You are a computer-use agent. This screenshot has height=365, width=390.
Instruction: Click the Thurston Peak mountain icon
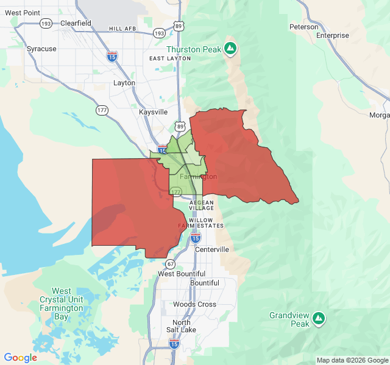pos(230,48)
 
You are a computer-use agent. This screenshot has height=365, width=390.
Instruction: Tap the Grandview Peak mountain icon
pos(319,318)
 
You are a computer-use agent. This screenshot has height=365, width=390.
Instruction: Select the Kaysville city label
pos(153,113)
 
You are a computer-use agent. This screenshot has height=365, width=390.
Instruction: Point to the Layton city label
pos(124,83)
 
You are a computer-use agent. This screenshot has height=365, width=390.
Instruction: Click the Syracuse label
pos(41,49)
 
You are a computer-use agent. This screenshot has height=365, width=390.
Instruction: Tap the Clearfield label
pos(76,23)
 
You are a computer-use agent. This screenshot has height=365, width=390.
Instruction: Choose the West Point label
pos(22,12)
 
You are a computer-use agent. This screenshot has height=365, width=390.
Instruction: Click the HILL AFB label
pos(124,29)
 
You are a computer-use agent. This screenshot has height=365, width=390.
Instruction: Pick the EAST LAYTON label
pos(170,58)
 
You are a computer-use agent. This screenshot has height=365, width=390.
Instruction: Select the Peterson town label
pos(304,27)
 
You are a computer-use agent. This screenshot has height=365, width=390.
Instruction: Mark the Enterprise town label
pos(333,35)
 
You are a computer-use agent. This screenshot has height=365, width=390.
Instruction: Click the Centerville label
pos(212,249)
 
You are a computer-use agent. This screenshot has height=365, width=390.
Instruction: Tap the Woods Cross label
pos(194,304)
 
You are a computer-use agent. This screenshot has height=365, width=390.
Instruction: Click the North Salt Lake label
pos(181,326)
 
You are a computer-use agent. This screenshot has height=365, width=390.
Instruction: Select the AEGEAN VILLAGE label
pos(202,204)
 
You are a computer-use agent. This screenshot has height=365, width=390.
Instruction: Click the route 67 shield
pos(170,264)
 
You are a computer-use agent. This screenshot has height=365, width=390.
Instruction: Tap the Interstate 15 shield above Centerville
pos(196,237)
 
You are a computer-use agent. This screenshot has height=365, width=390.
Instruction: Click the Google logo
pos(21,358)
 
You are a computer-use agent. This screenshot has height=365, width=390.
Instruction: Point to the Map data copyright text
pos(352,360)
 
